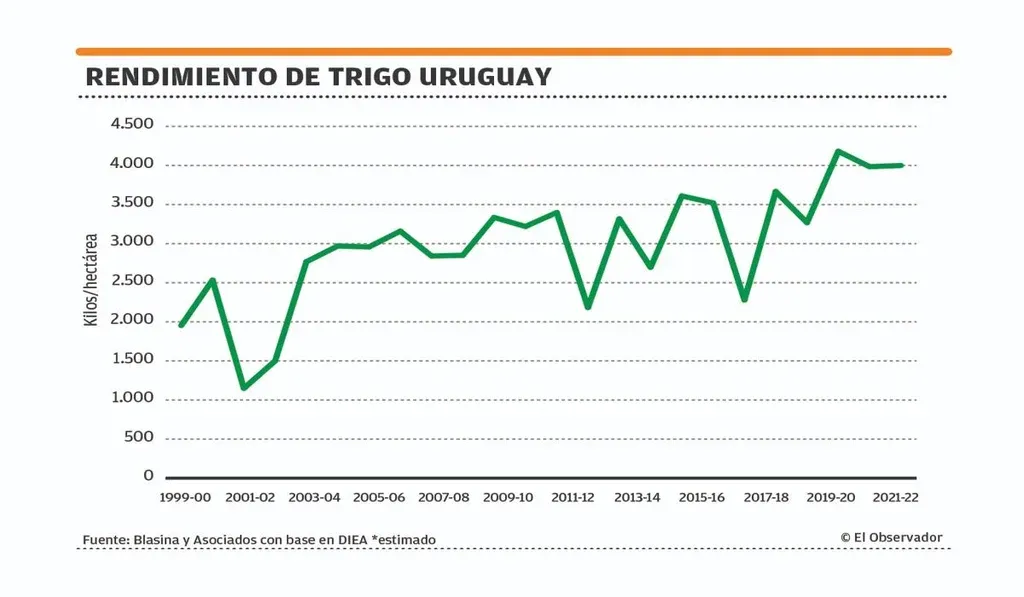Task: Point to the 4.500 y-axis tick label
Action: [132, 125]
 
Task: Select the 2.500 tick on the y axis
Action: [132, 281]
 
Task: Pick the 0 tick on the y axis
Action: [148, 477]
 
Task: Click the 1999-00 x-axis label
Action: [185, 497]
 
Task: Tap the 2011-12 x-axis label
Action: [573, 497]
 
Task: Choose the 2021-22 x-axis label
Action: [896, 497]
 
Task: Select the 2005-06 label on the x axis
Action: [379, 497]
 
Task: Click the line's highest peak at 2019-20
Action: [838, 151]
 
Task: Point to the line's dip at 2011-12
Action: [588, 307]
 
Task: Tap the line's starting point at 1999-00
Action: [181, 325]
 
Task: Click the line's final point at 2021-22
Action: [902, 165]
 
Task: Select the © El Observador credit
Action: [891, 538]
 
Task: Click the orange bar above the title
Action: [514, 51]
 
